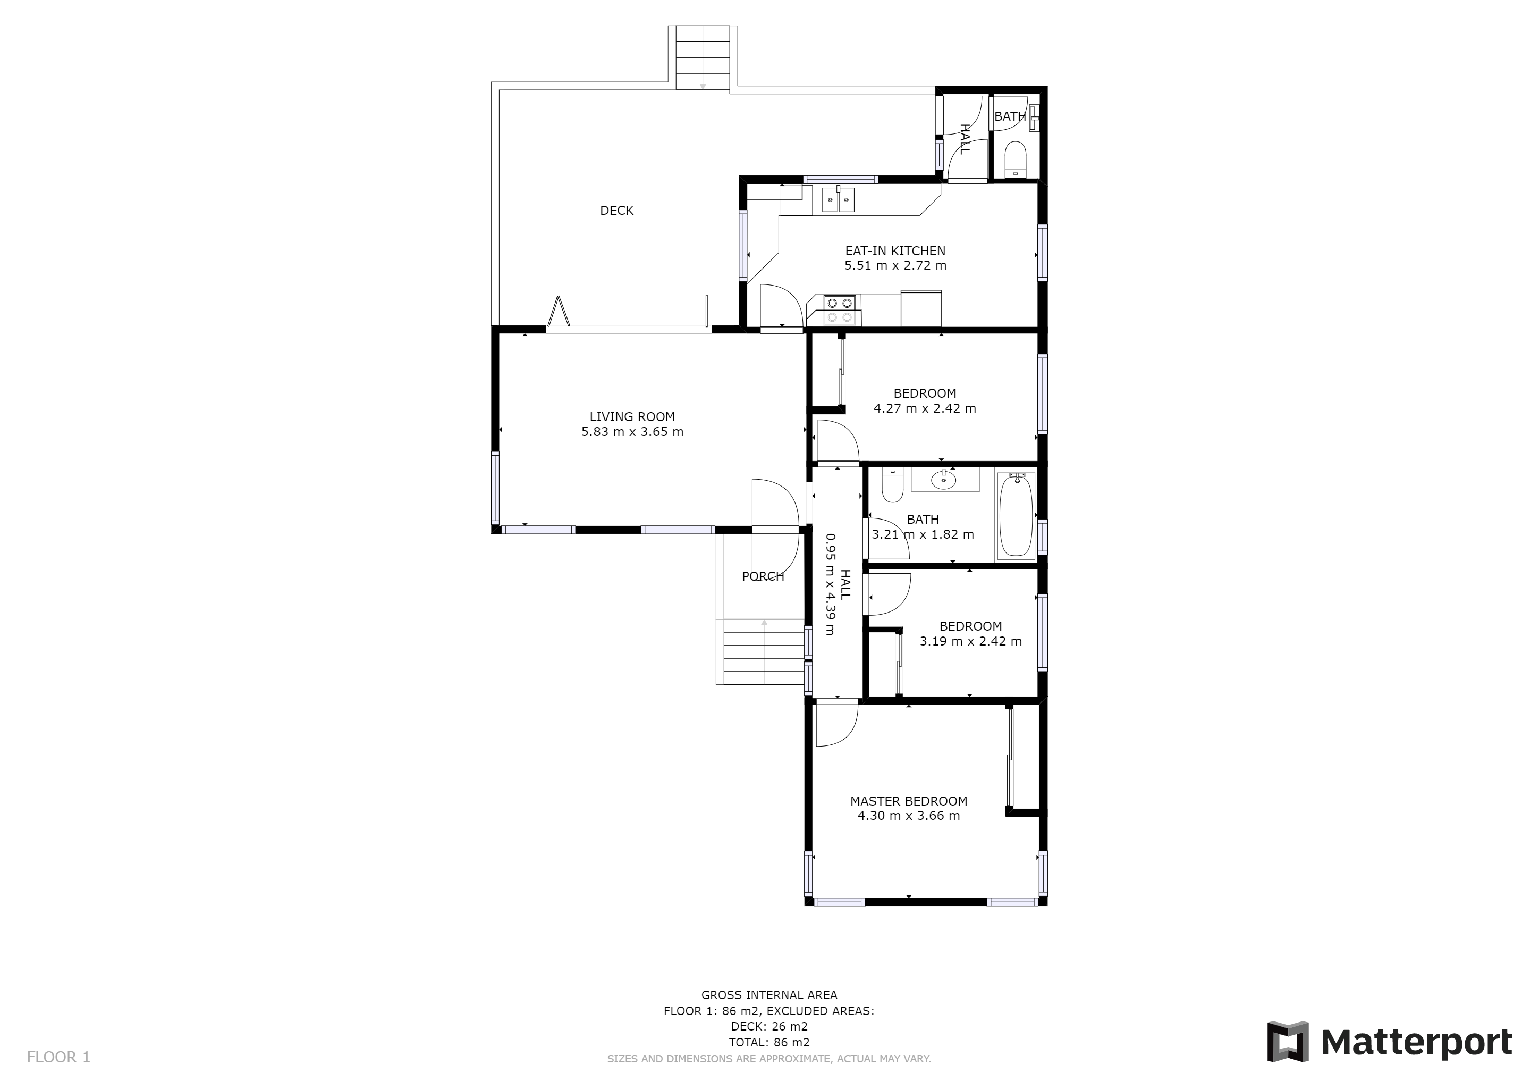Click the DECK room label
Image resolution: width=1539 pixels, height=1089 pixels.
click(x=616, y=211)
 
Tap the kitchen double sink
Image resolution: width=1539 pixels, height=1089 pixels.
click(x=839, y=199)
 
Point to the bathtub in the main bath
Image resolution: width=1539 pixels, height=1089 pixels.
click(x=1016, y=514)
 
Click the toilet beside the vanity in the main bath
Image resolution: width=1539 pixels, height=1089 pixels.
click(x=893, y=484)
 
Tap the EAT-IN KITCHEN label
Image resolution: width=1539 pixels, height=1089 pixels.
click(x=895, y=251)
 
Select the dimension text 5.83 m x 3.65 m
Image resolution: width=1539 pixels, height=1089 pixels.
click(x=632, y=432)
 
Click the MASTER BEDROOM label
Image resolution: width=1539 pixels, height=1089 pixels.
click(x=909, y=801)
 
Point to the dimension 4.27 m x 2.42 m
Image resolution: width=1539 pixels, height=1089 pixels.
click(x=925, y=408)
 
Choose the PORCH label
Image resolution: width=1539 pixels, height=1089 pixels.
click(x=763, y=576)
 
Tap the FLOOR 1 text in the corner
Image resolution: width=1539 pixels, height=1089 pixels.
click(x=58, y=1058)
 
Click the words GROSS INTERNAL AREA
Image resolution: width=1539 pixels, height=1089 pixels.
click(x=769, y=995)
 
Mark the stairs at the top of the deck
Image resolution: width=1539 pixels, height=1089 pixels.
click(x=703, y=57)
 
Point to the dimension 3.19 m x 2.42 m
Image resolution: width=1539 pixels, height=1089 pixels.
click(x=970, y=641)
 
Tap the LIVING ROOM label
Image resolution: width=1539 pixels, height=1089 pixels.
click(x=632, y=416)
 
